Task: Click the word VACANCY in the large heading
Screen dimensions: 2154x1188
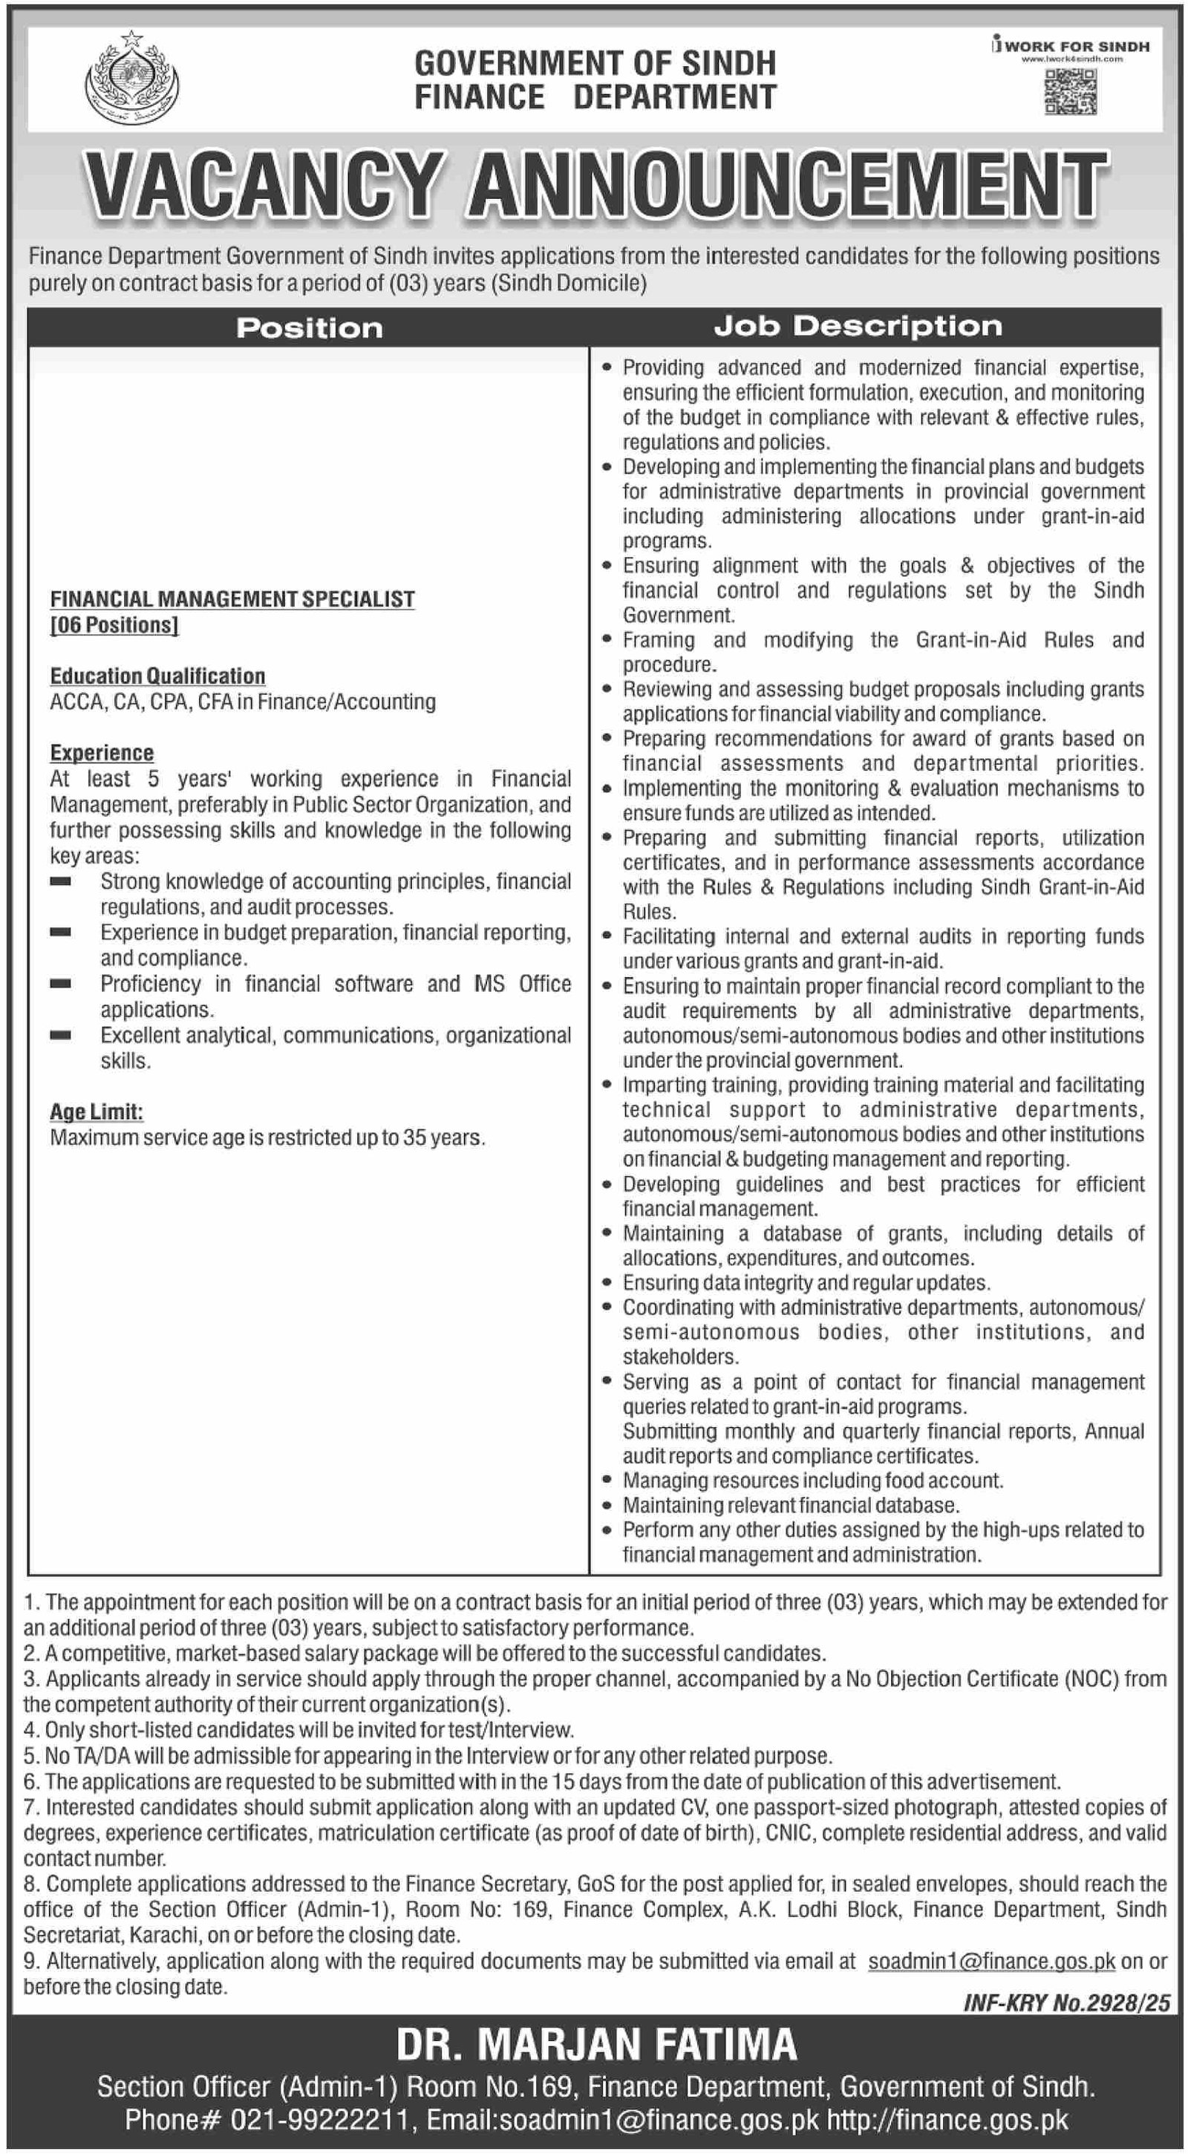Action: [x=264, y=185]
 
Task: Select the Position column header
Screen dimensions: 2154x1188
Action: [x=310, y=327]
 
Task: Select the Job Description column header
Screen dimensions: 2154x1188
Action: [x=858, y=326]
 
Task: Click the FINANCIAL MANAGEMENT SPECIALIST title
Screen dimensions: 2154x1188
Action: [x=232, y=598]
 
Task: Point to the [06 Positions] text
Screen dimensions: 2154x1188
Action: [x=114, y=624]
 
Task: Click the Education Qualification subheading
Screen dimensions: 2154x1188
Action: [x=157, y=676]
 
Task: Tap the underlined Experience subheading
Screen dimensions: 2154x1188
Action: [x=102, y=753]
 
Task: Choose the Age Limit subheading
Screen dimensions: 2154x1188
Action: [x=96, y=1112]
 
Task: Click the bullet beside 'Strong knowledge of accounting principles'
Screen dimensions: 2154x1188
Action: [x=60, y=882]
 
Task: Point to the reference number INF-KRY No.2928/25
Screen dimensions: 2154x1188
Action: [x=1066, y=2003]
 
